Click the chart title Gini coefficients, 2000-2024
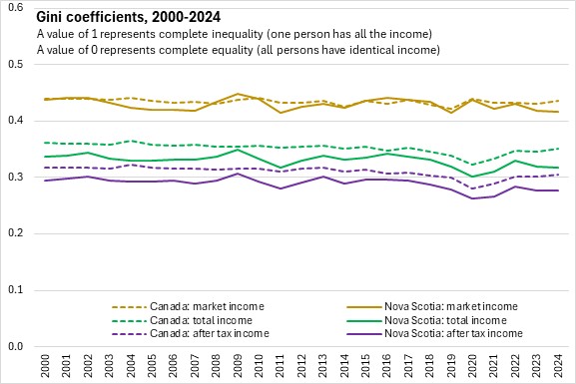pyautogui.click(x=129, y=17)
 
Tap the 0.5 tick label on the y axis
pyautogui.click(x=15, y=64)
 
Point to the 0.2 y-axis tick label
pyautogui.click(x=15, y=233)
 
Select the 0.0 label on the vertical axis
pyautogui.click(x=15, y=346)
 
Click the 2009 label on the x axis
pyautogui.click(x=238, y=366)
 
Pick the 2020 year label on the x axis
pyautogui.click(x=472, y=366)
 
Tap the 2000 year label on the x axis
pyautogui.click(x=45, y=366)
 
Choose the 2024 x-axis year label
pyautogui.click(x=558, y=366)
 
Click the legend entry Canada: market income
pyautogui.click(x=188, y=306)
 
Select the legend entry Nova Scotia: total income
pyautogui.click(x=427, y=320)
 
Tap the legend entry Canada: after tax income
pyautogui.click(x=191, y=334)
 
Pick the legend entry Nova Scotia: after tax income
pyautogui.click(x=434, y=334)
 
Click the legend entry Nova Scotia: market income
pyautogui.click(x=432, y=306)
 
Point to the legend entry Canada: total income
pyautogui.click(x=183, y=320)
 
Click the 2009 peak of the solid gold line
pyautogui.click(x=238, y=94)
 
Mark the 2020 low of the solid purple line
pyautogui.click(x=472, y=198)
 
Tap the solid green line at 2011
pyautogui.click(x=281, y=168)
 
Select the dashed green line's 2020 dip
pyautogui.click(x=472, y=165)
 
